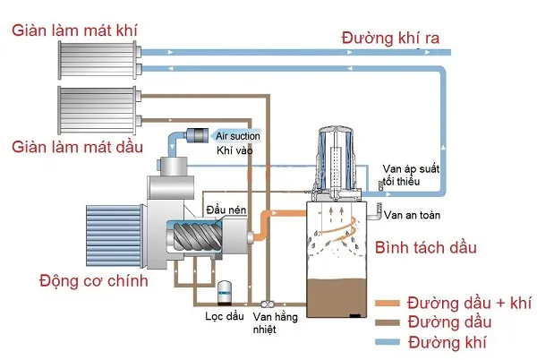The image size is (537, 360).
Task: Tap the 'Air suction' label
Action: pyautogui.click(x=237, y=135)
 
